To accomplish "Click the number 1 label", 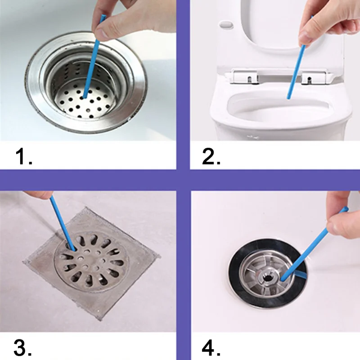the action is pyautogui.click(x=24, y=156).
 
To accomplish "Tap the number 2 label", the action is pyautogui.click(x=211, y=156).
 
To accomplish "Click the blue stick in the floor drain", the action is pyautogui.click(x=63, y=223).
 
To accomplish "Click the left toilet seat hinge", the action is pyautogui.click(x=244, y=76).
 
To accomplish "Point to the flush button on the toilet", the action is pyautogui.click(x=226, y=24).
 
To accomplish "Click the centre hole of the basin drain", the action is pyautogui.click(x=267, y=278).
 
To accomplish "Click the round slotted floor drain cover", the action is pyautogui.click(x=92, y=262).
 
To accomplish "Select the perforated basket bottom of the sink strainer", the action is pyautogui.click(x=85, y=103).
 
